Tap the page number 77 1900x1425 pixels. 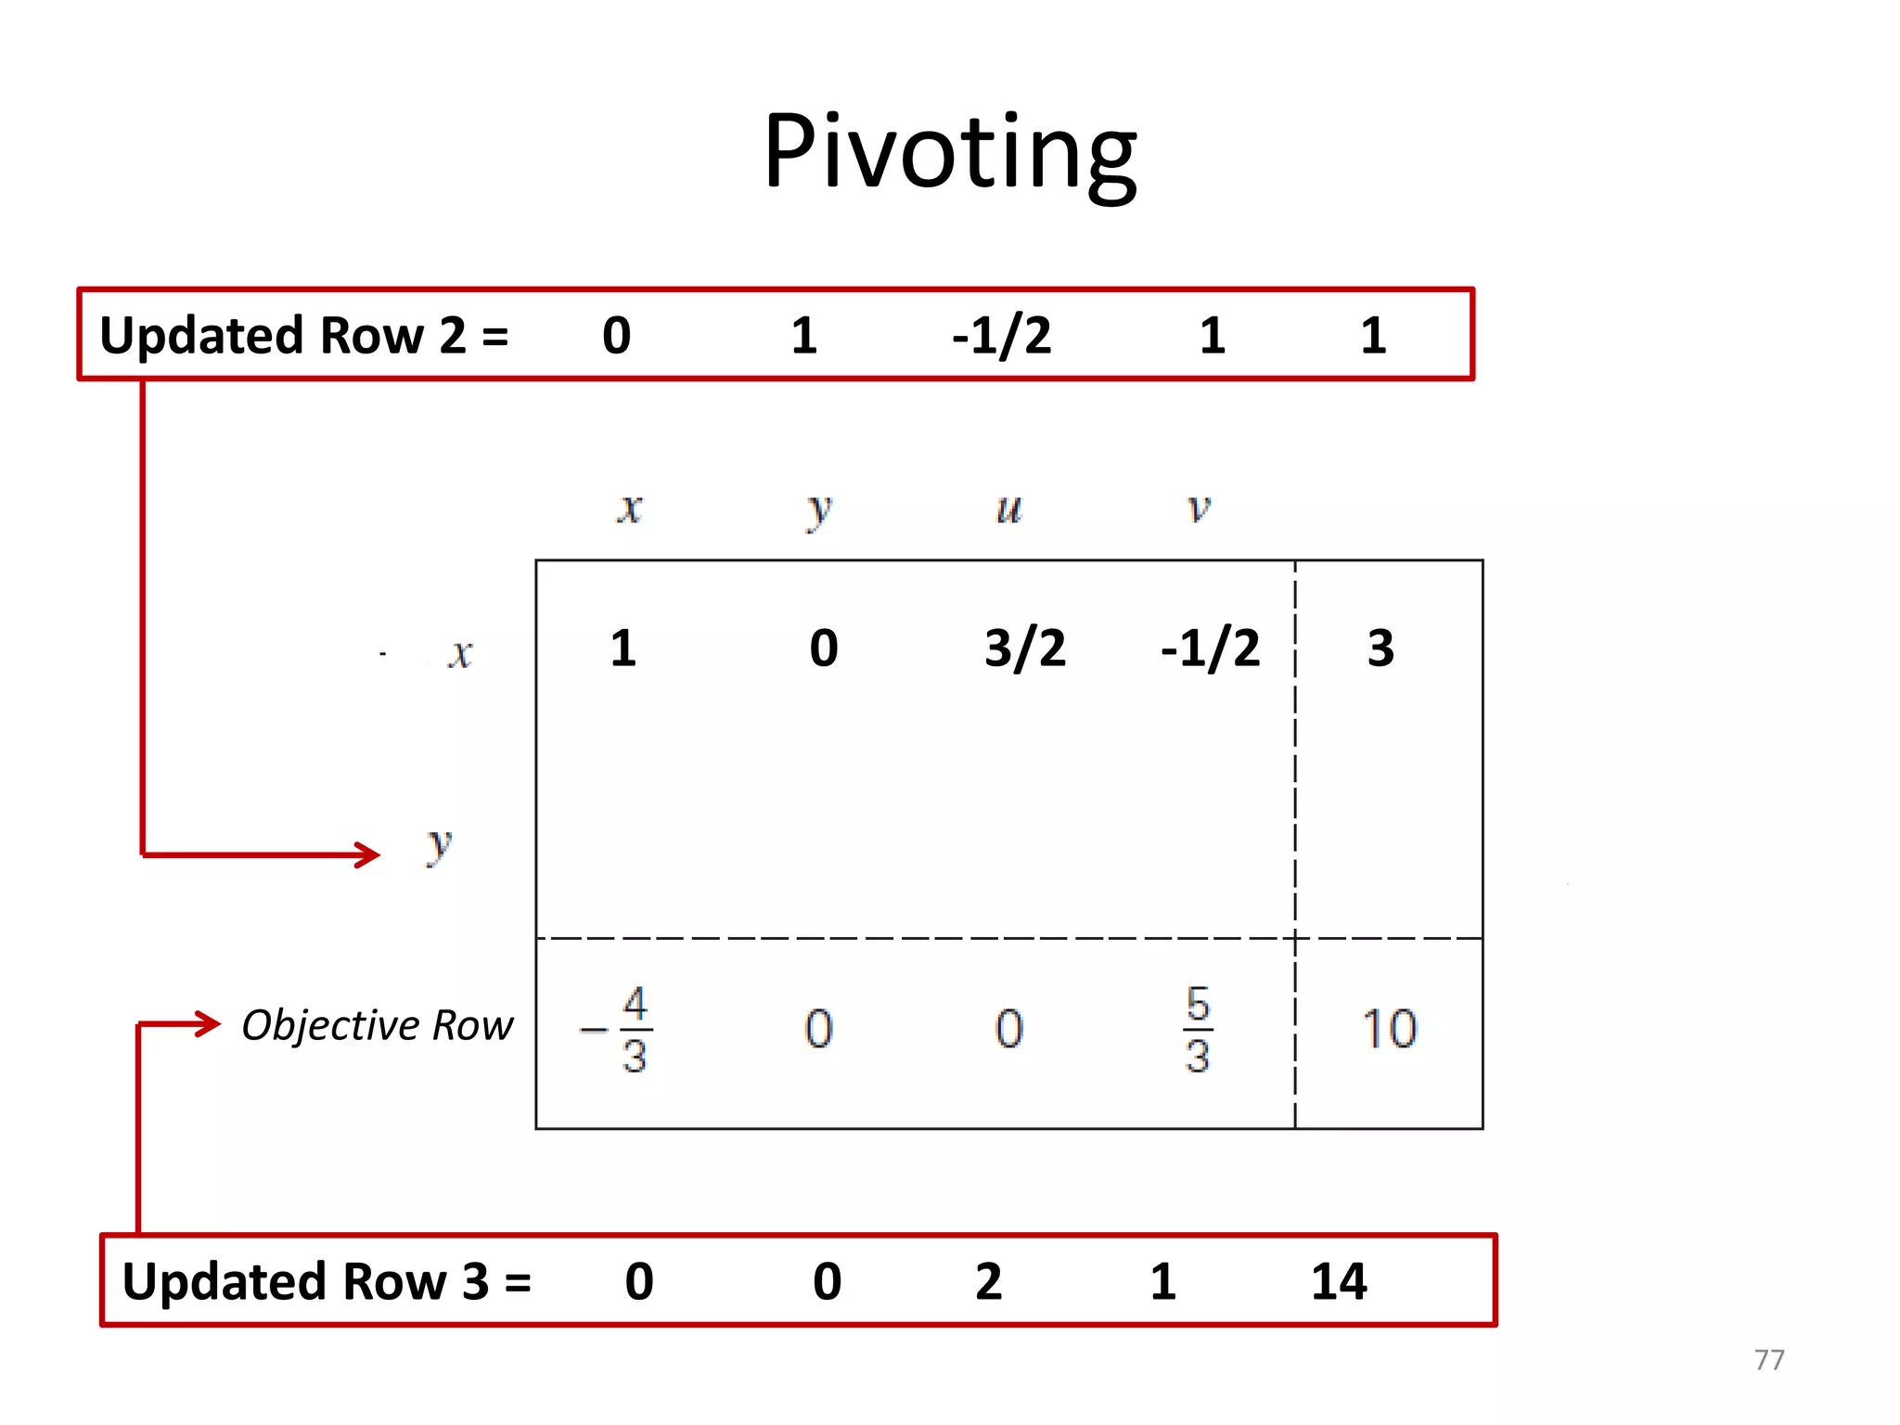pyautogui.click(x=1769, y=1360)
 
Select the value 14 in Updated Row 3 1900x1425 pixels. pyautogui.click(x=1339, y=1281)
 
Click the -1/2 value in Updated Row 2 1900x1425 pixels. pyautogui.click(x=1002, y=335)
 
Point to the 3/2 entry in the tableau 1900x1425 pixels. pyautogui.click(x=1025, y=648)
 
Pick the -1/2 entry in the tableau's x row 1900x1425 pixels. pyautogui.click(x=1211, y=648)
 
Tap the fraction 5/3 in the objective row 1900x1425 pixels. pyautogui.click(x=1198, y=1029)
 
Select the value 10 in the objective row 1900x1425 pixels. pyautogui.click(x=1389, y=1029)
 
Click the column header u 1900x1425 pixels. pyautogui.click(x=1008, y=509)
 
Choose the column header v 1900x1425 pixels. pyautogui.click(x=1199, y=508)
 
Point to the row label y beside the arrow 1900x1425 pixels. pyautogui.click(x=439, y=846)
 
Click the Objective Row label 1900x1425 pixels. pyautogui.click(x=377, y=1025)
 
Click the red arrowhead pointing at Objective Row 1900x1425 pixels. pyautogui.click(x=210, y=1024)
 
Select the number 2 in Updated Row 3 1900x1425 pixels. pyautogui.click(x=989, y=1281)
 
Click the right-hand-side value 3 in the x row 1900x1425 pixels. pyautogui.click(x=1380, y=648)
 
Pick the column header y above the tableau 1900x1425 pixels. pyautogui.click(x=818, y=511)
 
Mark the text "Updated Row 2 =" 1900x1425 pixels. pyautogui.click(x=304, y=335)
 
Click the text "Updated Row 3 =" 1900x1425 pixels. pyautogui.click(x=327, y=1281)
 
